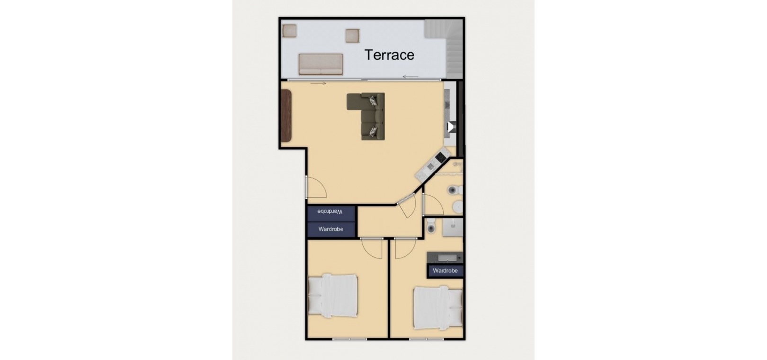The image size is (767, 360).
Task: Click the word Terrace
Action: point(389,55)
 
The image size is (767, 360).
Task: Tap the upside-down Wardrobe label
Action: point(330,212)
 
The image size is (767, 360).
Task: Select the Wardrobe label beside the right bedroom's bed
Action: point(445,270)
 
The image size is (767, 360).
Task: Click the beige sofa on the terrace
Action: point(321,64)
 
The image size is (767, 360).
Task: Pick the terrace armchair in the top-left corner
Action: point(289,31)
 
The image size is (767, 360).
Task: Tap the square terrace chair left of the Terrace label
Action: point(352,36)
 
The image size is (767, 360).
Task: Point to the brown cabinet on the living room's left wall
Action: point(286,116)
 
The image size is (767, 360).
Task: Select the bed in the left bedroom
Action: point(333,295)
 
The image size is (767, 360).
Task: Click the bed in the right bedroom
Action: point(438,308)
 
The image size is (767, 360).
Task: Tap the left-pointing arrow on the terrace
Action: point(410,77)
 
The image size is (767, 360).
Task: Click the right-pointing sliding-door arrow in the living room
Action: point(318,83)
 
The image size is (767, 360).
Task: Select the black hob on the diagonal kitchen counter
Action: point(441,157)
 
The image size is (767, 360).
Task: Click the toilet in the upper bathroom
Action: point(455,190)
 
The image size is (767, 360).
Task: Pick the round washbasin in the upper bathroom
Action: point(457,207)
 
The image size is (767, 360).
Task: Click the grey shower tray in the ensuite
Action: point(452,227)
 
